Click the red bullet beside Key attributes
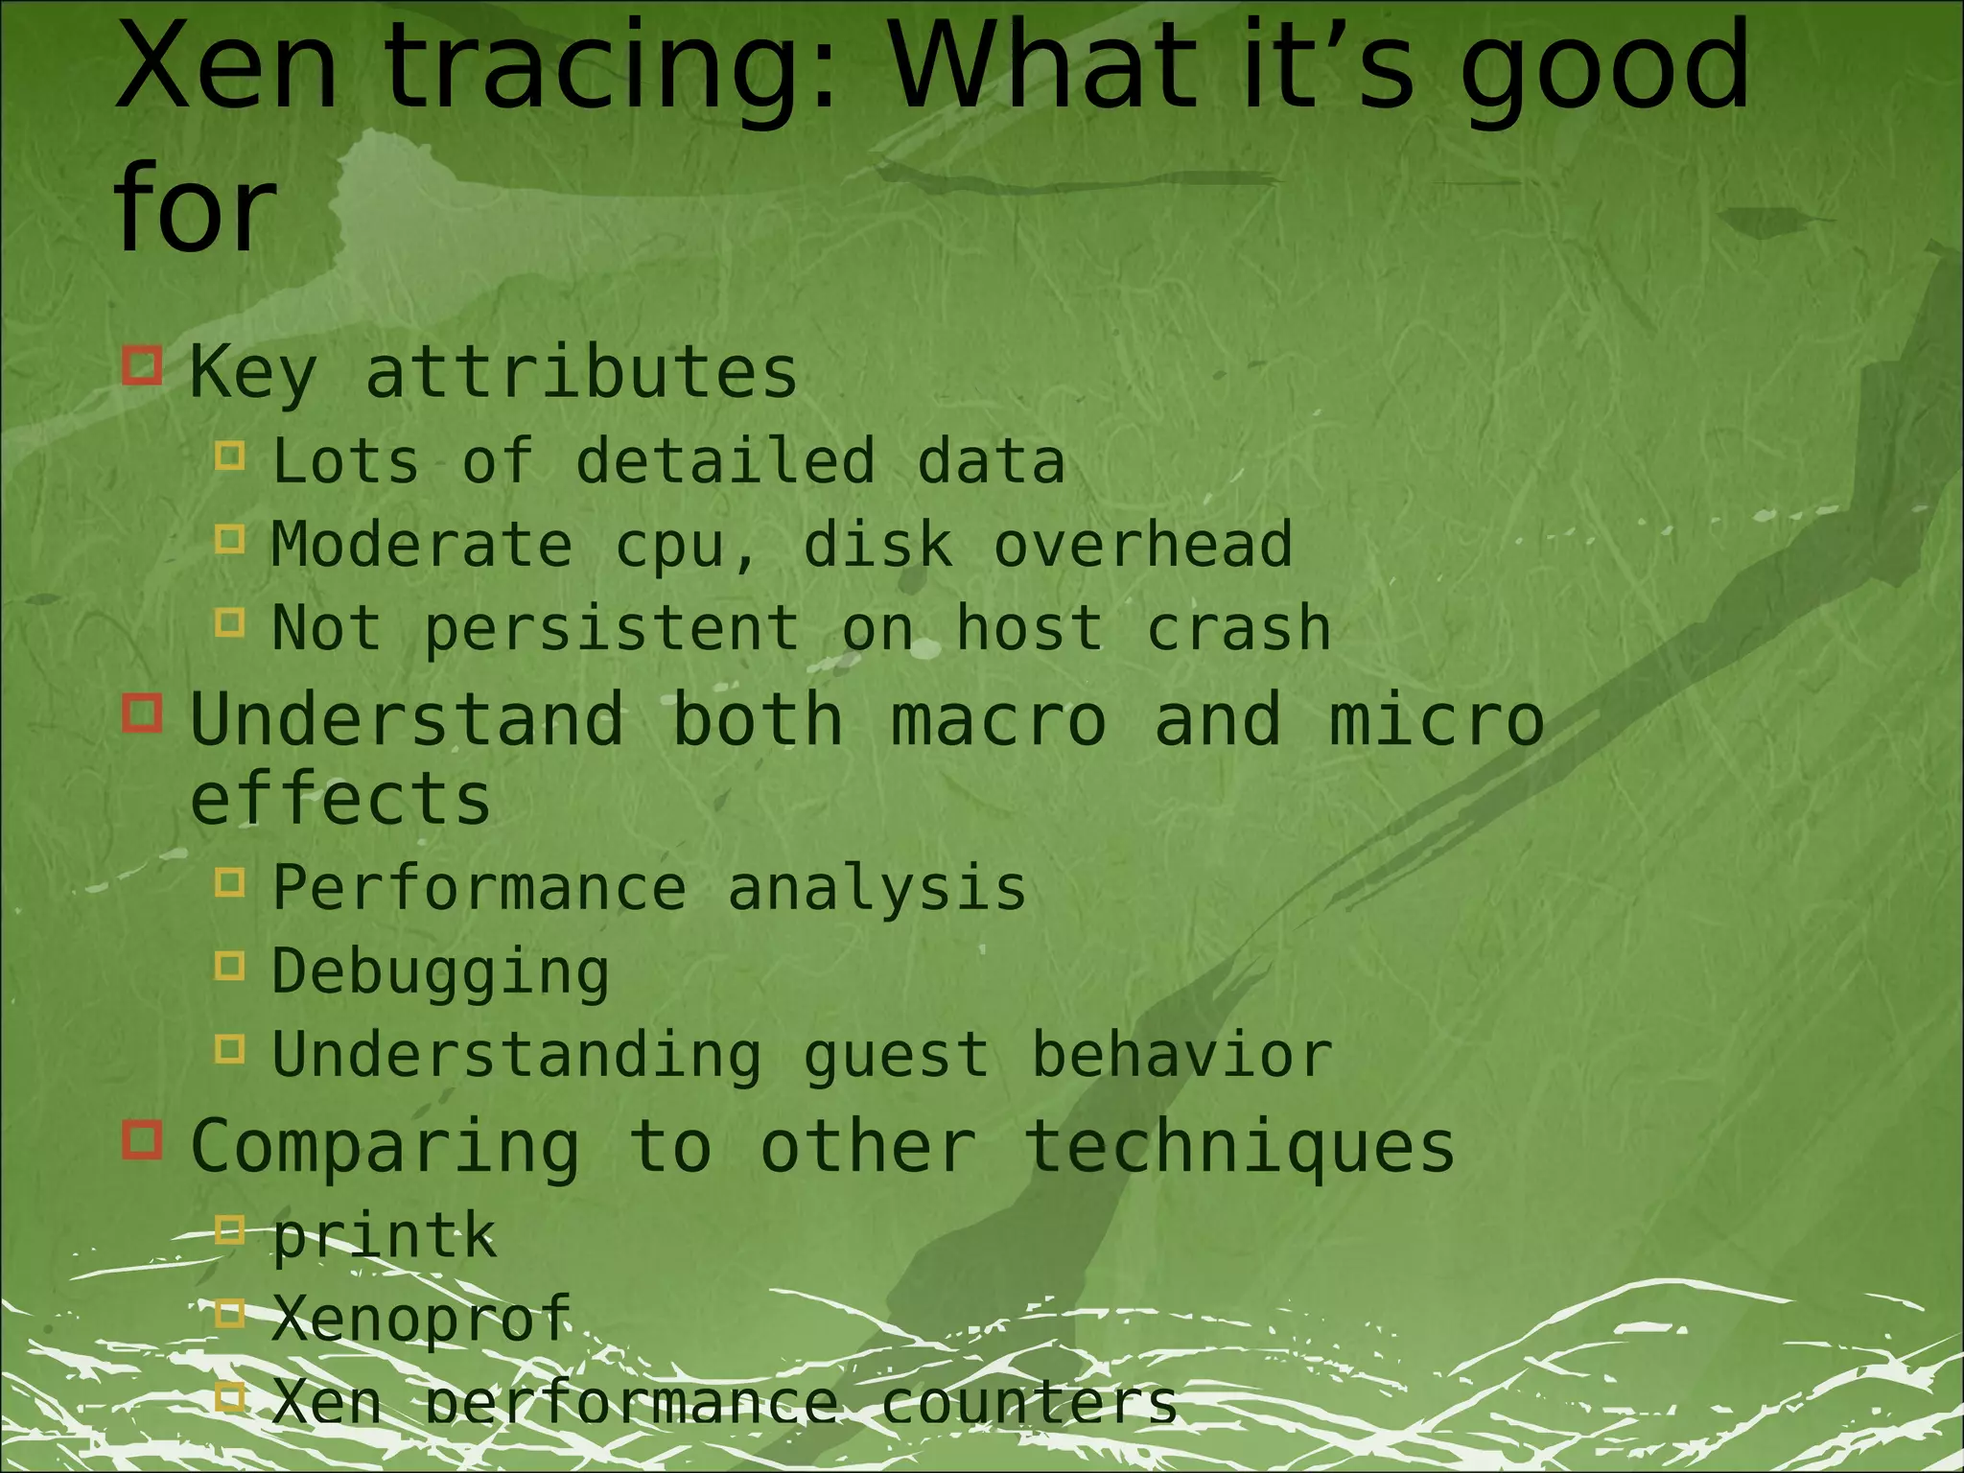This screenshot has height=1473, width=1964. pos(142,365)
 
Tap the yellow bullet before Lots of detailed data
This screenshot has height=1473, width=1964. pos(230,455)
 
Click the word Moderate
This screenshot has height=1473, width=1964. pos(422,545)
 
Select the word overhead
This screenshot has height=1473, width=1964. pos(1142,545)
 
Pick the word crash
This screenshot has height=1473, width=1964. pos(1238,628)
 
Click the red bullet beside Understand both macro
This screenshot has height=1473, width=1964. pos(142,713)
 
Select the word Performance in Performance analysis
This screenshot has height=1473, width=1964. pos(479,887)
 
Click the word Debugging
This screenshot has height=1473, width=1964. pos(440,972)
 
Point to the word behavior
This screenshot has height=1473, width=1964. pos(1181,1055)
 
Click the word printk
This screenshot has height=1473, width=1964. pos(385,1236)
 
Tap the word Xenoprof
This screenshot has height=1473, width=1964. pos(422,1319)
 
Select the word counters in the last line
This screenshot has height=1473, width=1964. pos(1028,1402)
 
